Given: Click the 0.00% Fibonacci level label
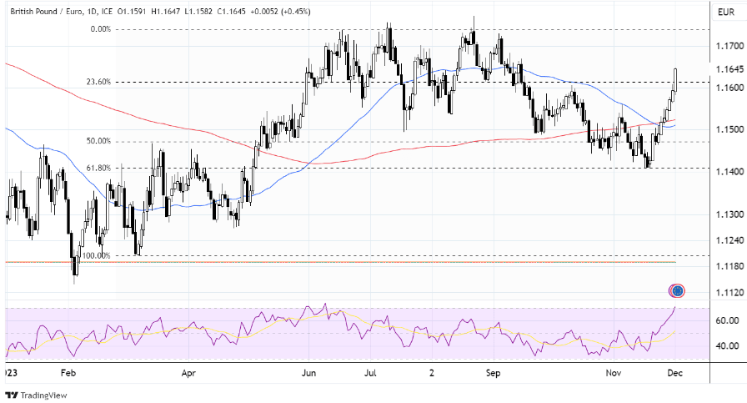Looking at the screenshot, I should pyautogui.click(x=100, y=28).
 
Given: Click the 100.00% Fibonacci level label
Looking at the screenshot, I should pyautogui.click(x=97, y=255).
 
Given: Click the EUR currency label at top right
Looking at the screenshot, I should pyautogui.click(x=725, y=12).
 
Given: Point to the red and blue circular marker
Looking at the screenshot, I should pyautogui.click(x=677, y=290).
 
